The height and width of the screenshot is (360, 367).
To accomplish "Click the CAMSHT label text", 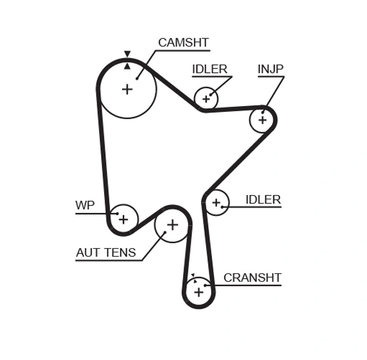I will tap(183, 42).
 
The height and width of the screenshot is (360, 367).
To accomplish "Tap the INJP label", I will tap(270, 69).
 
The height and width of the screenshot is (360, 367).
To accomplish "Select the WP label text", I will tap(85, 205).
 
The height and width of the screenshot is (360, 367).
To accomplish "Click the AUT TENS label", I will tap(106, 252).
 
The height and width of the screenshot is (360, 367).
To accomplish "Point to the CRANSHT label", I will tap(252, 277).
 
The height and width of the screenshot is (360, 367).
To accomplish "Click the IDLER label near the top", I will tap(209, 69).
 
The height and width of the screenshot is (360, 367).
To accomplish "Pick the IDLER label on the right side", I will tap(262, 199).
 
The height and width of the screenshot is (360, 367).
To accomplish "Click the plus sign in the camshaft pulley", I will tap(127, 89).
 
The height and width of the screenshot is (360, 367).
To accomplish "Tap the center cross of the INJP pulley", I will tap(262, 120).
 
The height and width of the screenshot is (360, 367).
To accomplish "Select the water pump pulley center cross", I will tap(124, 219).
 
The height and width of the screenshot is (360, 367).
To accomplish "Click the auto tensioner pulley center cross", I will tap(172, 225).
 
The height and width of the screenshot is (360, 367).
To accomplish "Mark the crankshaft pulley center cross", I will tap(198, 292).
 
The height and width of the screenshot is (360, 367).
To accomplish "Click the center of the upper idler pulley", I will tap(206, 98).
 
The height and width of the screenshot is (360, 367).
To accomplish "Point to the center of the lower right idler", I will tap(216, 202).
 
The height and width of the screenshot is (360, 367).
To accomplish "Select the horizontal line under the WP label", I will tap(92, 213).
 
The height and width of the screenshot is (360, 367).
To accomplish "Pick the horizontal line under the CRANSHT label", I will tap(245, 285).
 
